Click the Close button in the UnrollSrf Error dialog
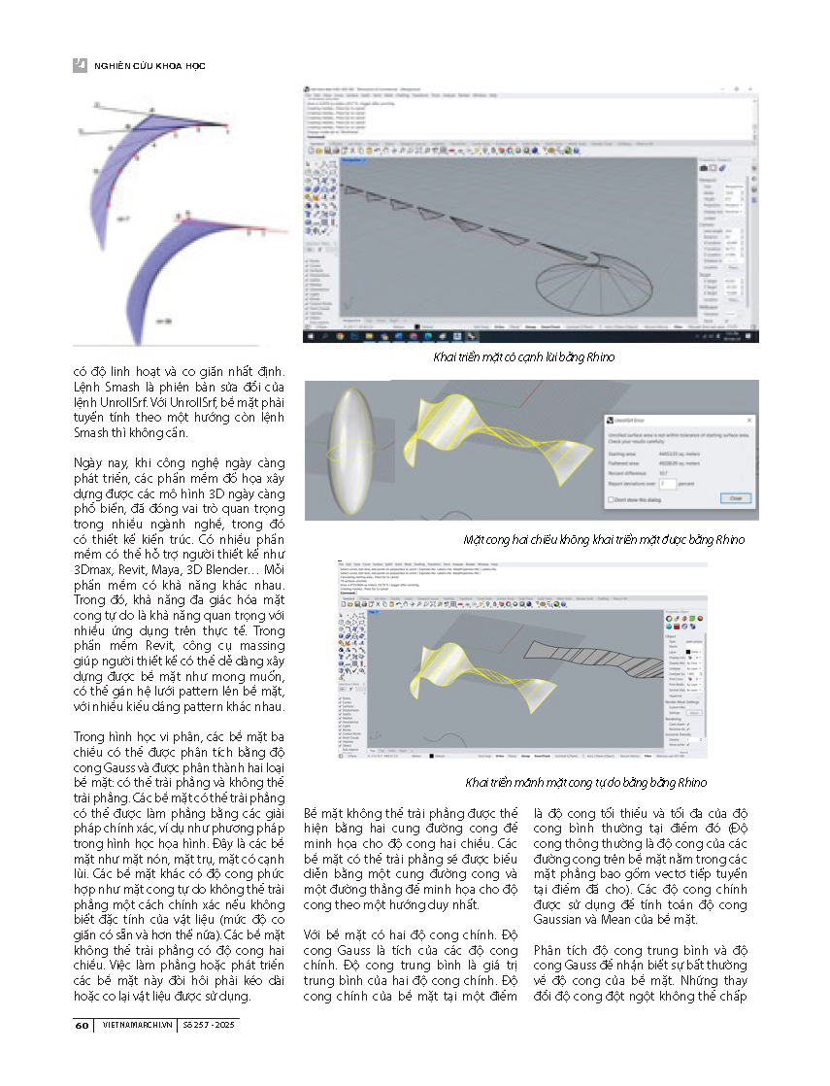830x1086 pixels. (x=735, y=498)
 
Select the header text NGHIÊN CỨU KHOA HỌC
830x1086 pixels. (x=149, y=66)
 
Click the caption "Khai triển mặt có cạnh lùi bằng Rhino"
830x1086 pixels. (x=523, y=357)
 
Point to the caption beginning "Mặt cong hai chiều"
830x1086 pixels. (x=603, y=539)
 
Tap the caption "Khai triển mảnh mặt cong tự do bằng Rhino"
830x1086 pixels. (x=585, y=782)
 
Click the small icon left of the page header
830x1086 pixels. (x=81, y=65)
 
